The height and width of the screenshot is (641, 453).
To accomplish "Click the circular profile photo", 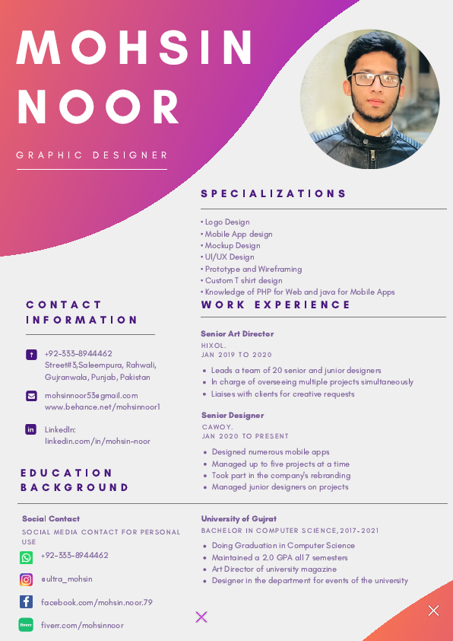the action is coord(370,99).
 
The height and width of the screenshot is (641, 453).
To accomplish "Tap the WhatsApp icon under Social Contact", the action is coord(27,558).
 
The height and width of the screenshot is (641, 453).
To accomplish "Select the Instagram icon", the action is coord(27,580).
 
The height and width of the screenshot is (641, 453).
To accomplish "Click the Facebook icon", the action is coord(27,602).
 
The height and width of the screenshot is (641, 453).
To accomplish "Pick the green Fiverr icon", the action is coord(27,625).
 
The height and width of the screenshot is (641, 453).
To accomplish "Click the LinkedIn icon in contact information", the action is coord(31,429).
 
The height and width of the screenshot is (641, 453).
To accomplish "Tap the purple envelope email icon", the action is coord(31,396).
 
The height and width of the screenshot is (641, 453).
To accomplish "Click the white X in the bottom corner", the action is coord(433,611).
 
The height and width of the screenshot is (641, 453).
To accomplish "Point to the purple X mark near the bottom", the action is coord(201,617).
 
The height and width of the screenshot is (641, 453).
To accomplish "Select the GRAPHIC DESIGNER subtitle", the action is coord(92,155).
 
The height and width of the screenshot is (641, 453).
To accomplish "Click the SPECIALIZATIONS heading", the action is coord(274,194).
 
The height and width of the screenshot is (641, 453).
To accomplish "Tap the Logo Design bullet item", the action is coord(226,222).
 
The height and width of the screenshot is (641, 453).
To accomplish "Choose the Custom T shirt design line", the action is coord(242,280).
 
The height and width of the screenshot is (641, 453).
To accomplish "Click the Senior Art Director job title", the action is coord(237,334).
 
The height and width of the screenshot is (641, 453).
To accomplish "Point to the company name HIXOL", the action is coord(214,346).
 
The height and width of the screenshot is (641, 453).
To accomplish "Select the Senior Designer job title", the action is coord(233,416).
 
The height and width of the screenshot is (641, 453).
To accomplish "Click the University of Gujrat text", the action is coord(239,519).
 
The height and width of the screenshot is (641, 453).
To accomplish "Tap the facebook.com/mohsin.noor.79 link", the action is coord(97,602).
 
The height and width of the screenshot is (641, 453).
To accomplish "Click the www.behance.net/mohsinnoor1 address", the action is coord(102,407).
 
